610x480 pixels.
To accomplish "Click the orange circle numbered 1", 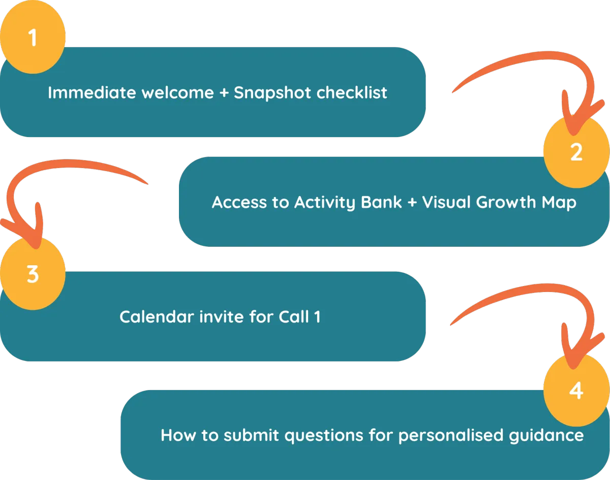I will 33,38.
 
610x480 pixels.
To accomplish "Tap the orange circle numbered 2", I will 576,152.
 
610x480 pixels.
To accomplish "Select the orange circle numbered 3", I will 33,274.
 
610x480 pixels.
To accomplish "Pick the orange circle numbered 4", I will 576,391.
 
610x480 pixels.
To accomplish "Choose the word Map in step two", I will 559,203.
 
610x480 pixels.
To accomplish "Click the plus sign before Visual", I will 412,203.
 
